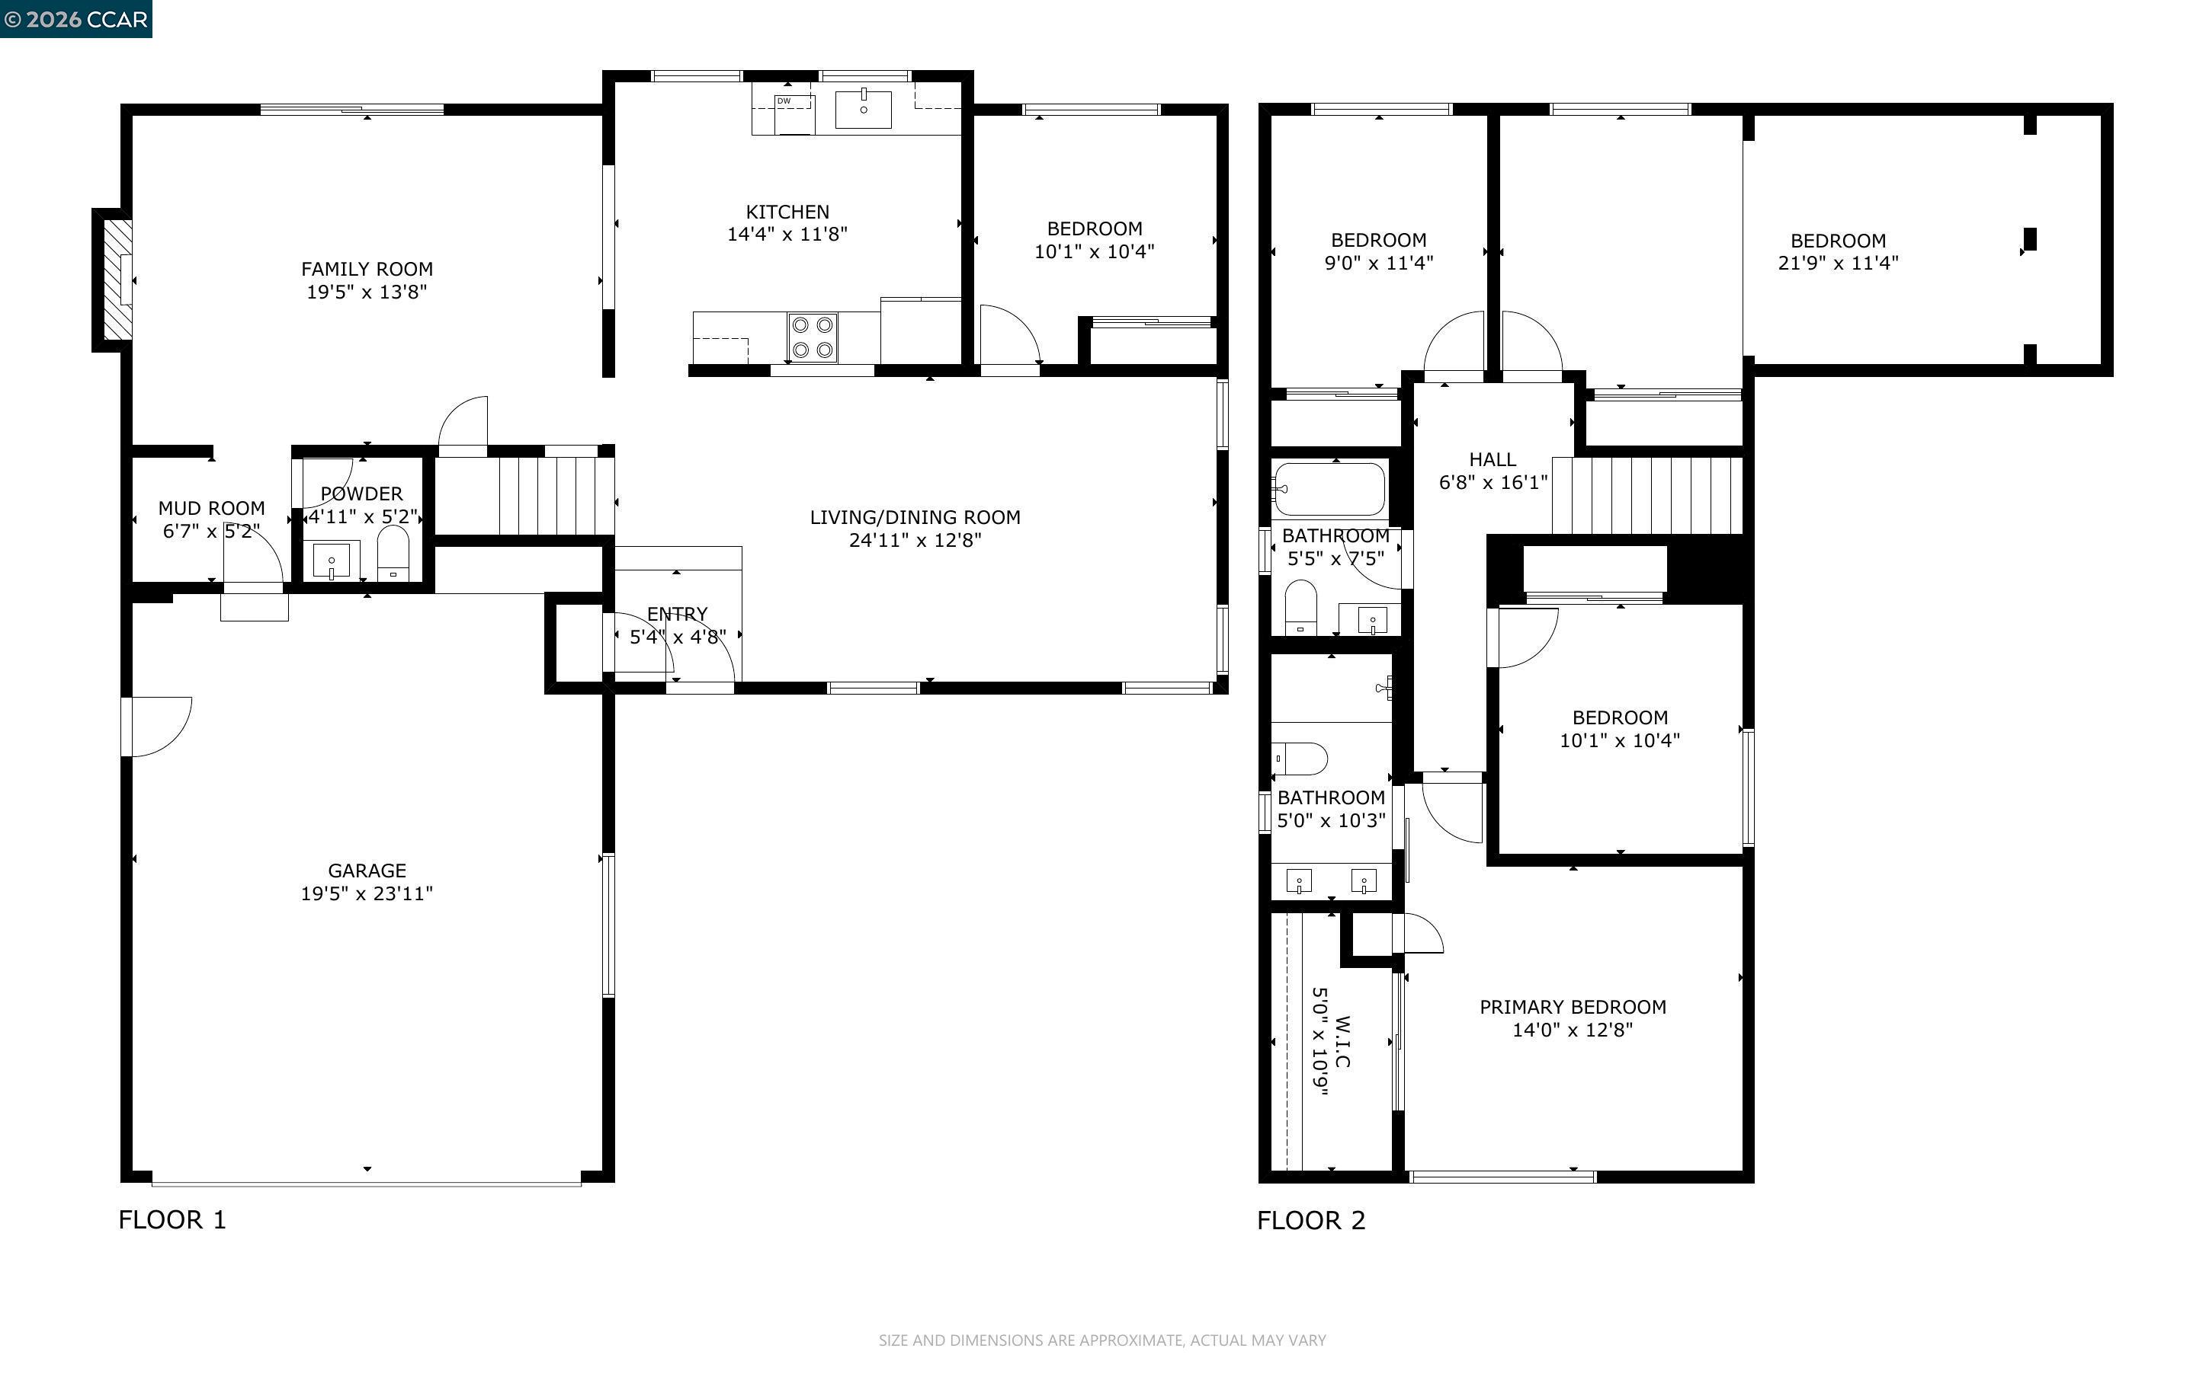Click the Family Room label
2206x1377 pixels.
[367, 269]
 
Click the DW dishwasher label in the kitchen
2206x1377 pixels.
[784, 101]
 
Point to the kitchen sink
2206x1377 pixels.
[863, 108]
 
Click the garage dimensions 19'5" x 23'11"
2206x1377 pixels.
[367, 893]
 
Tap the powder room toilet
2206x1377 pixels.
[393, 554]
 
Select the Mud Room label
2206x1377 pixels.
[211, 508]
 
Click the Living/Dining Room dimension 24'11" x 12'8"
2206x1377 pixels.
[915, 540]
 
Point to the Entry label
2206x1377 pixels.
[677, 614]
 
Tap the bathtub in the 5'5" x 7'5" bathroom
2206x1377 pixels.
[1329, 489]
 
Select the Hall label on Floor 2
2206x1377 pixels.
[1493, 460]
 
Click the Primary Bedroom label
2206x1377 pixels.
[1572, 1008]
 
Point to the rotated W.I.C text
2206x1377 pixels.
[1342, 1042]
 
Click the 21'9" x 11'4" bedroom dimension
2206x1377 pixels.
[1838, 264]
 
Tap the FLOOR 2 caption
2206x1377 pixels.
[1311, 1220]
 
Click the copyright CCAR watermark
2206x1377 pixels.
[75, 19]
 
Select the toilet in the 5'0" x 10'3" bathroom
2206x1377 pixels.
[1300, 758]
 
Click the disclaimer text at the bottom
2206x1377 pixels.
[1101, 1340]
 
